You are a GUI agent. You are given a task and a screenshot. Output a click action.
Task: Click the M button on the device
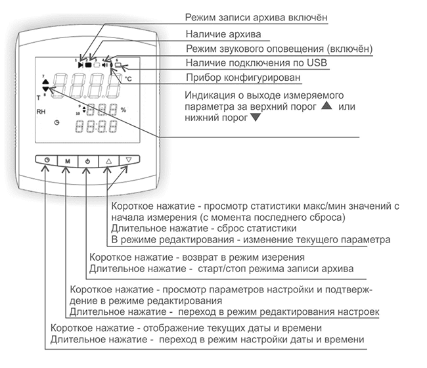[x=67, y=160]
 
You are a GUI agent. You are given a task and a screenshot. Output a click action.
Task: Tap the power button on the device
[x=88, y=160]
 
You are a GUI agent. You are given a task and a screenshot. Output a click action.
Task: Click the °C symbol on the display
[x=128, y=78]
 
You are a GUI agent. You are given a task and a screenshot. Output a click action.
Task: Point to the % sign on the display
[x=122, y=109]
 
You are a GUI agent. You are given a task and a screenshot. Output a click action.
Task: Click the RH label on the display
[x=41, y=112]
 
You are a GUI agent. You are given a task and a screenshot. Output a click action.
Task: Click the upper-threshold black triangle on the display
[x=45, y=81]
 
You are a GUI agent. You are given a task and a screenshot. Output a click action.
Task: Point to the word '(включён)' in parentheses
[x=349, y=48]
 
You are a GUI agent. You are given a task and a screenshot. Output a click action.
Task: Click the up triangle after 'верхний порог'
[x=328, y=106]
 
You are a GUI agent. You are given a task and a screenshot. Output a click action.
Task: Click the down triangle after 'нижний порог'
[x=255, y=118]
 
